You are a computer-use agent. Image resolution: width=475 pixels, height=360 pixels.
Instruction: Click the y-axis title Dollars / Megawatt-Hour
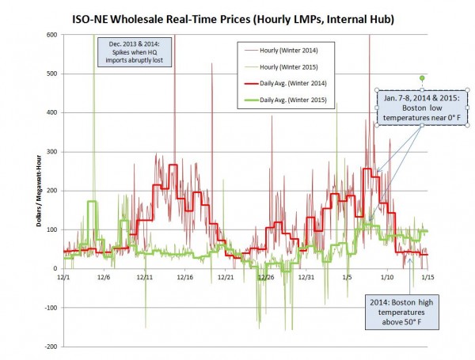[37, 191]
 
